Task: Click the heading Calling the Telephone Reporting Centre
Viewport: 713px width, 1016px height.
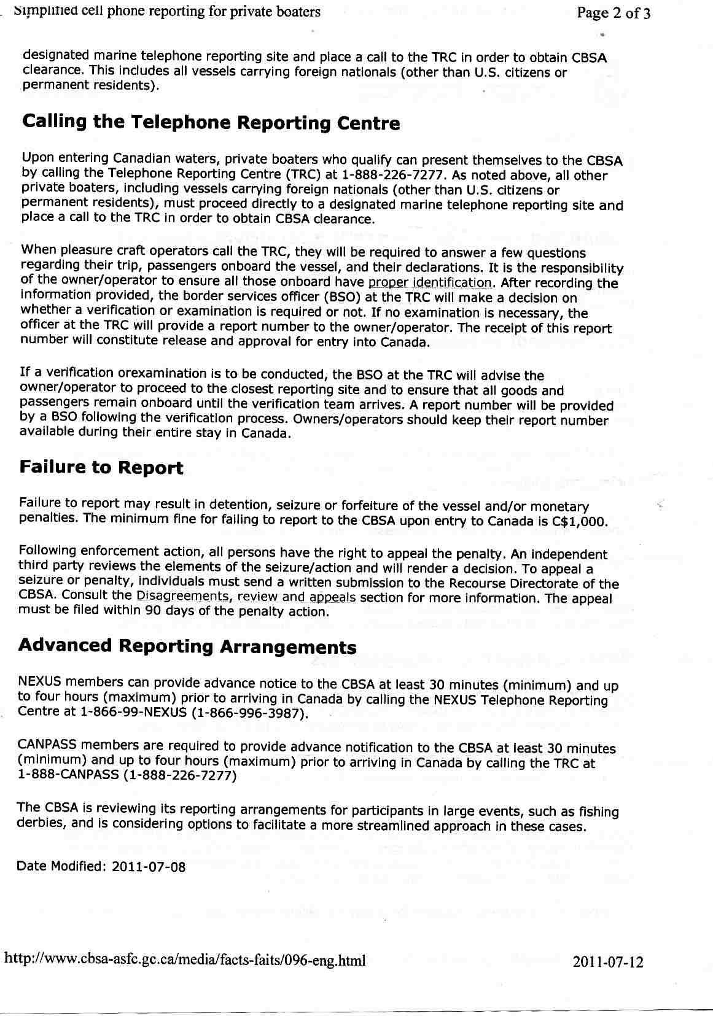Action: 211,122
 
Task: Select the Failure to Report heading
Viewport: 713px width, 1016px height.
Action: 101,468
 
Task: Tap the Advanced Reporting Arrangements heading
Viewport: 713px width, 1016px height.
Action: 187,646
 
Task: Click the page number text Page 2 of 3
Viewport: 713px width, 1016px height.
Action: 613,14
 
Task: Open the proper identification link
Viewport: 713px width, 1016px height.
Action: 430,283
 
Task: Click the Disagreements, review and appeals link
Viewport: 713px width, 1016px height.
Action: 246,597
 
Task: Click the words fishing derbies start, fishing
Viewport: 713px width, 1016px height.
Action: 595,812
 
